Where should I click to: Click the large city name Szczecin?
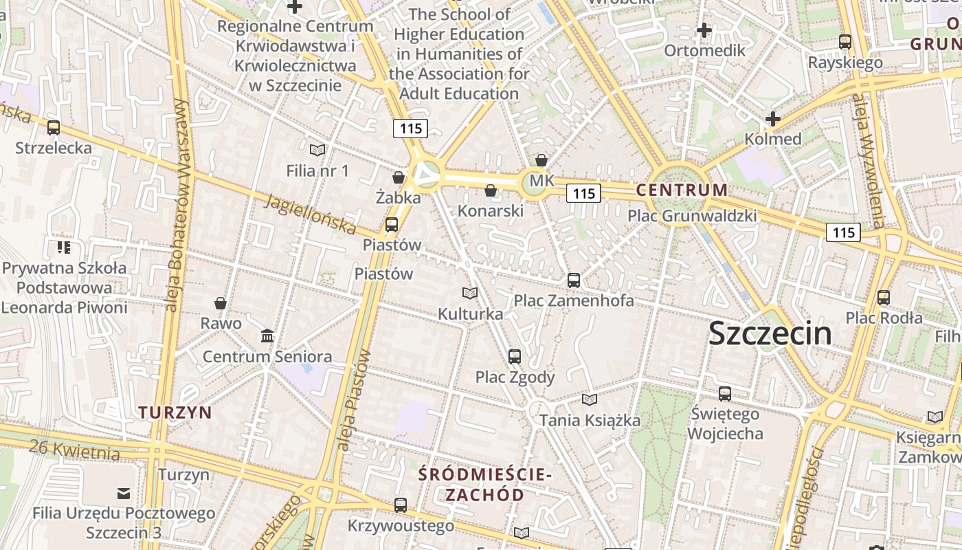coord(770,334)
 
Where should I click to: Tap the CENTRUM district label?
coord(682,190)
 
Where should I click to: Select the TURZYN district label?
coord(175,412)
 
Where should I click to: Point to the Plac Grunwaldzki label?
coord(692,216)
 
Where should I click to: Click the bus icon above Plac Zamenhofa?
coord(574,280)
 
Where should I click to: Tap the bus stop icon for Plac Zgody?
coord(515,356)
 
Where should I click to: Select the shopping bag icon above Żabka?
coord(398,177)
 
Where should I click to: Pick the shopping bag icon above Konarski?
coord(491,190)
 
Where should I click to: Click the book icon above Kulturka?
coord(470,294)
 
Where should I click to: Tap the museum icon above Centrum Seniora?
coord(267,336)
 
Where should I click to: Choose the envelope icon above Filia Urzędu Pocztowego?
coord(124,493)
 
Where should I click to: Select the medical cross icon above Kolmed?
coord(773,119)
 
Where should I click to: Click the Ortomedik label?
coord(704,50)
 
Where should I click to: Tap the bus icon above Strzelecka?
coord(54,128)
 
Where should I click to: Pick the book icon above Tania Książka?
coord(589,399)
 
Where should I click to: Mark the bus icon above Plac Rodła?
coord(884,298)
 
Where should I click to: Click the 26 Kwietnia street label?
coord(74,450)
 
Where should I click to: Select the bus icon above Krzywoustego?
coord(401,505)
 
